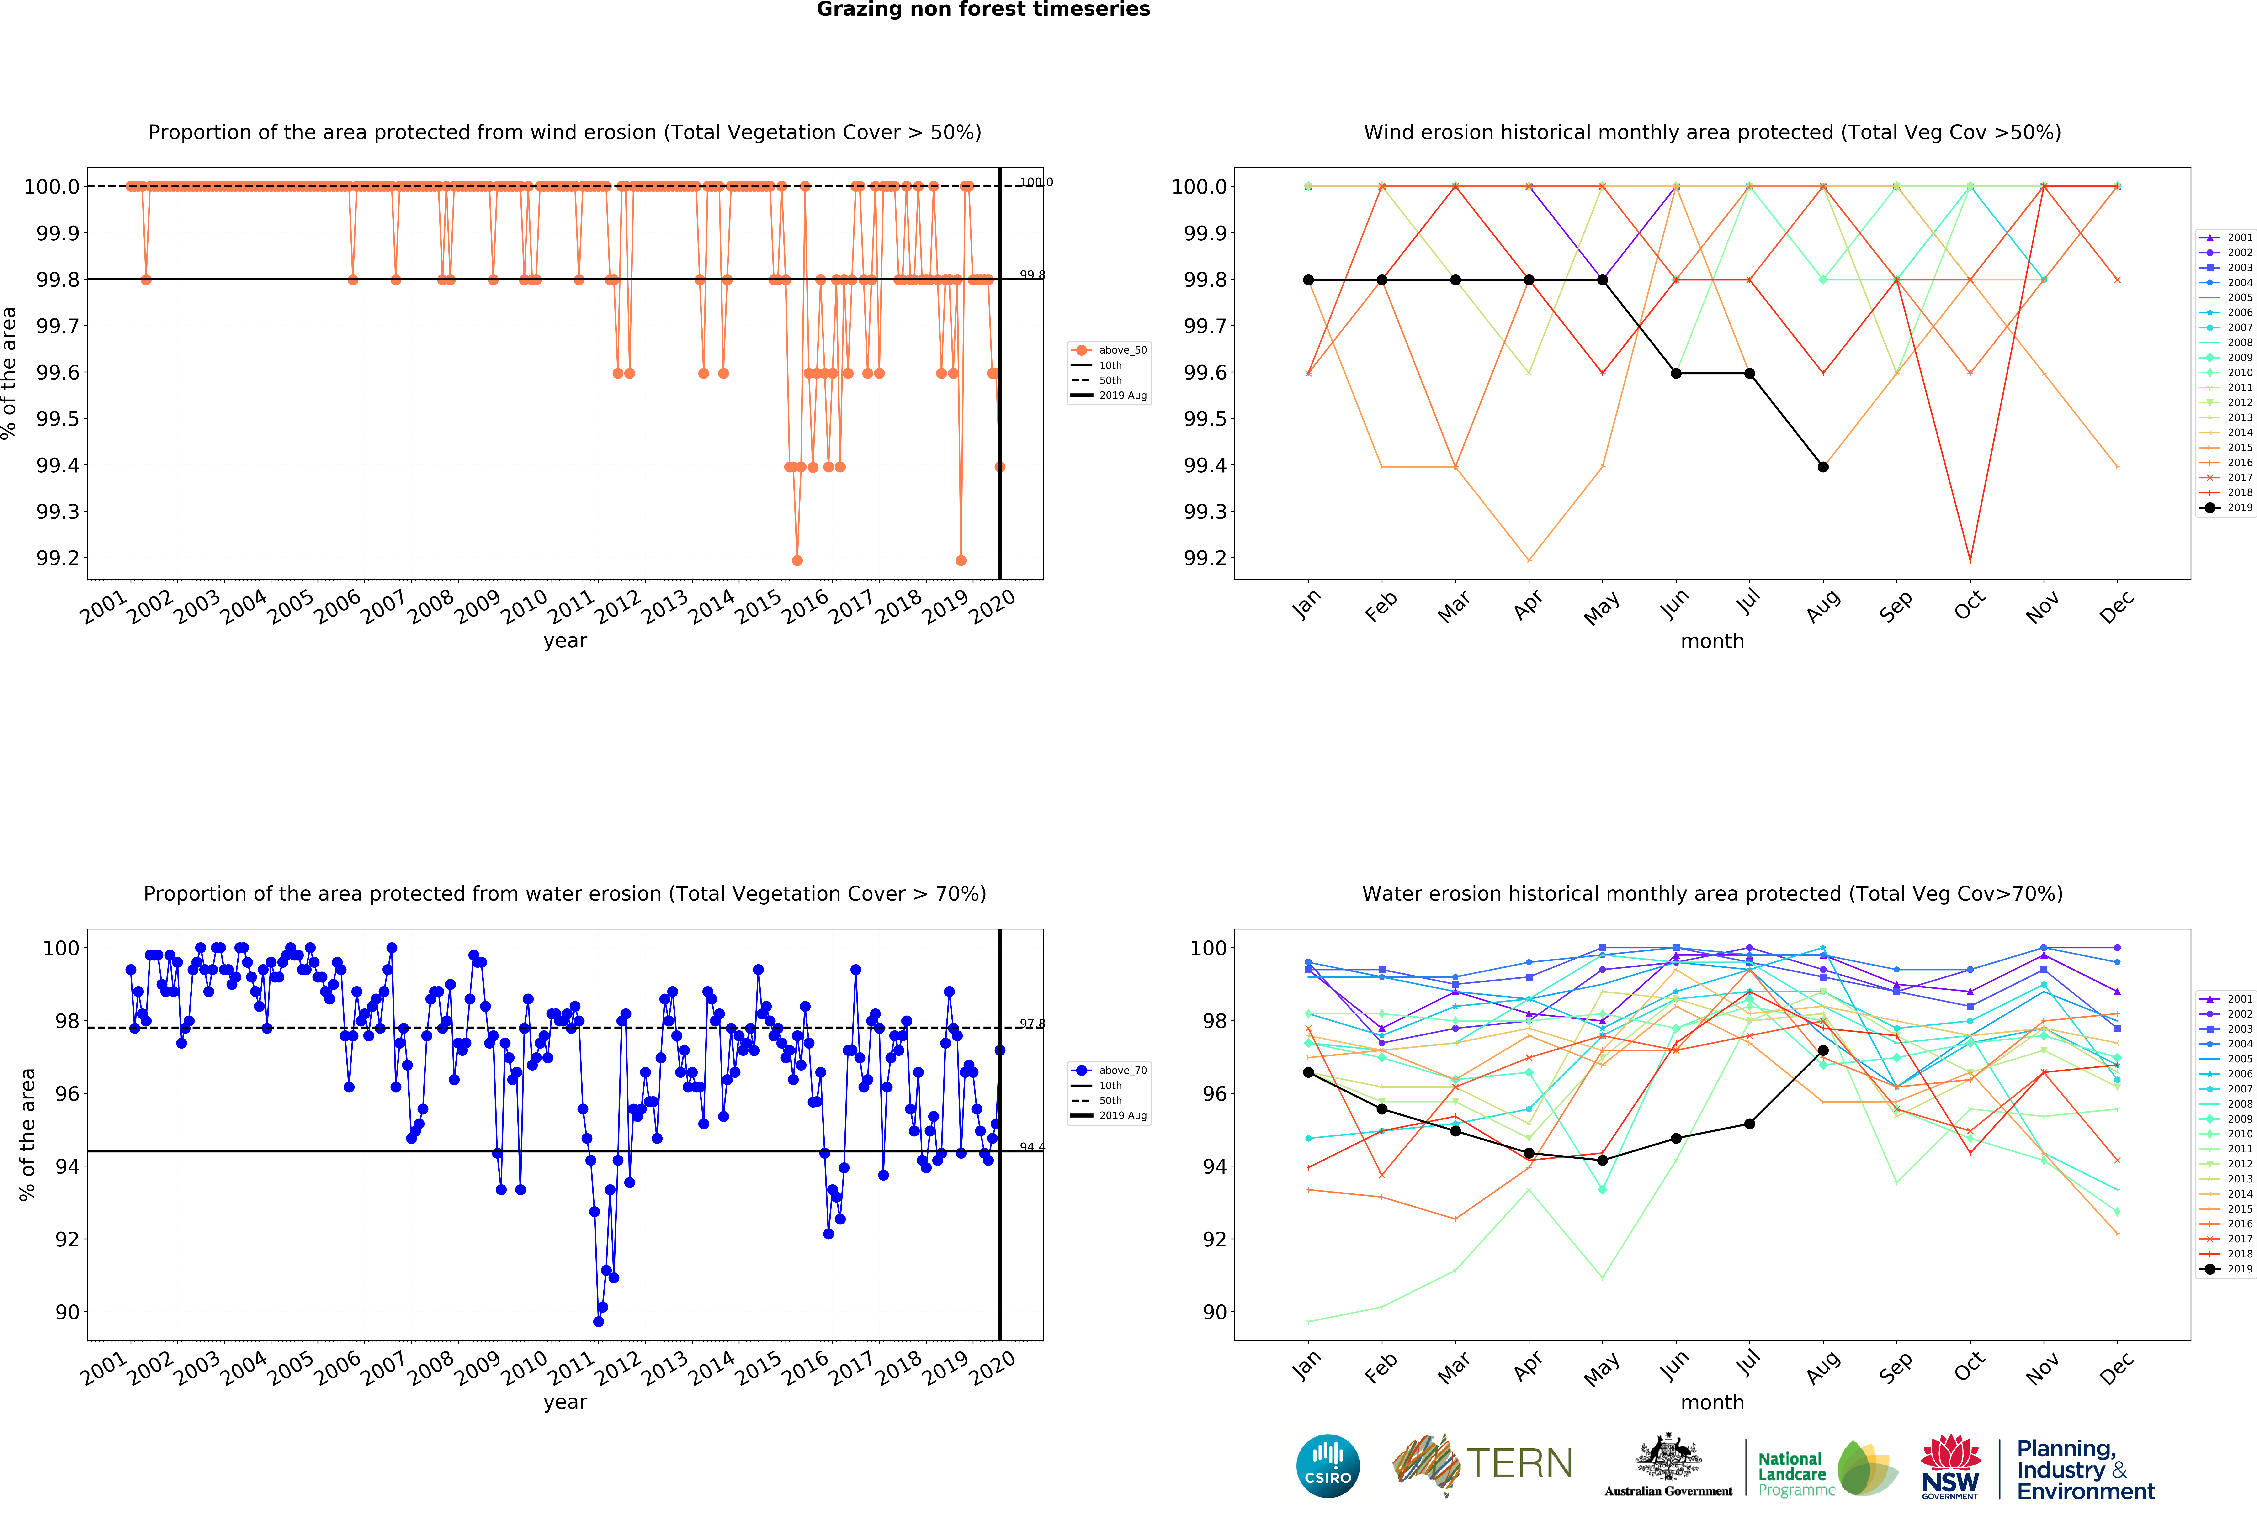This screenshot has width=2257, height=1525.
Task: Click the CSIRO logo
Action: tap(1328, 1465)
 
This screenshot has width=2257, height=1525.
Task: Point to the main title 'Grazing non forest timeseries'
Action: tap(983, 10)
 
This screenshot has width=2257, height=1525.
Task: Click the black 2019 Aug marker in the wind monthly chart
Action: tap(1823, 467)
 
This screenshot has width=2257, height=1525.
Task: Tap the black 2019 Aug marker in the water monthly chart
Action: tap(1823, 1050)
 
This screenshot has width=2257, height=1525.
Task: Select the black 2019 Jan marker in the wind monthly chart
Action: tap(1308, 280)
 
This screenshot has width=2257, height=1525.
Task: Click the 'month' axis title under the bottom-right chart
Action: tap(1712, 1403)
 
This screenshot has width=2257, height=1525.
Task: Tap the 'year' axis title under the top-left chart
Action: tap(565, 641)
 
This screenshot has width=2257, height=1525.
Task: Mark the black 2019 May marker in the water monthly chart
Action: tap(1602, 1160)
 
